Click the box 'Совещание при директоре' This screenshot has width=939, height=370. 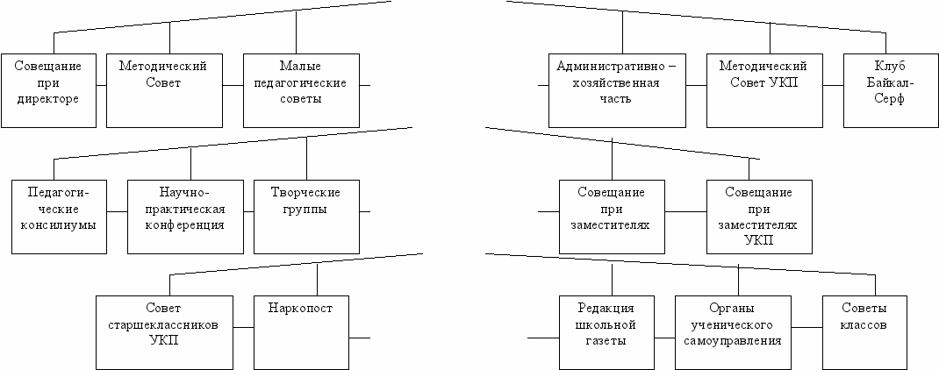[47, 91]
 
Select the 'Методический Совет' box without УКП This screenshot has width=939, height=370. [163, 91]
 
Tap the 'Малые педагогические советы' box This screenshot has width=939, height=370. [300, 91]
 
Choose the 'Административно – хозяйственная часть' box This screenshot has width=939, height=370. [617, 91]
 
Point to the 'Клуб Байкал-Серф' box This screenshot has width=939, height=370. [888, 91]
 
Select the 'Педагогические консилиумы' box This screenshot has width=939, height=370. [60, 216]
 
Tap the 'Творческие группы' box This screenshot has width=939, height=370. [306, 216]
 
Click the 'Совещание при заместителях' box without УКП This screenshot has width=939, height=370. [612, 216]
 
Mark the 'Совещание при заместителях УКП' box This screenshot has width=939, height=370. [759, 216]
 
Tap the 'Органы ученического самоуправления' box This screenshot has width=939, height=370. [739, 331]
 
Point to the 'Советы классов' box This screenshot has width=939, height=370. [863, 331]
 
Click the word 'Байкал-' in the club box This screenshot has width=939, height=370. [889, 83]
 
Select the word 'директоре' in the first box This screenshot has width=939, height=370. [47, 99]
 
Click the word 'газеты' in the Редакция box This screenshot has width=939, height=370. [606, 341]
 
